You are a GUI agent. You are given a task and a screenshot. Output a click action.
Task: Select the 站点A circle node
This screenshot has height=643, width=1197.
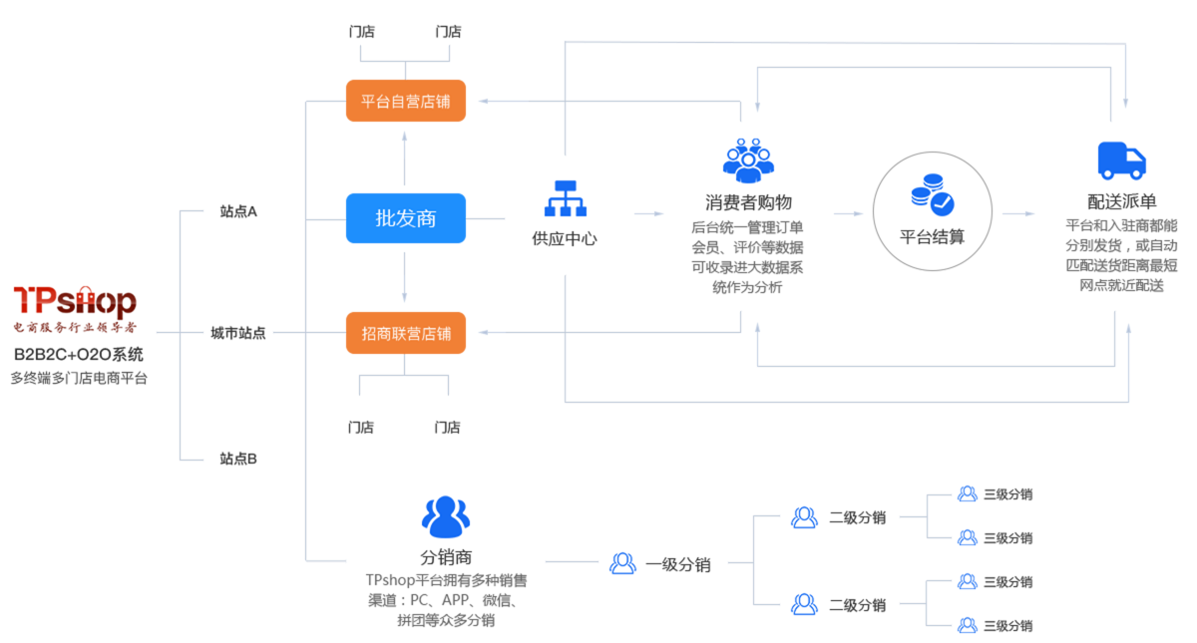pos(238,211)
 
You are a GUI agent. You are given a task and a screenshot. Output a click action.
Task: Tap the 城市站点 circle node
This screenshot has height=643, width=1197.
pos(238,333)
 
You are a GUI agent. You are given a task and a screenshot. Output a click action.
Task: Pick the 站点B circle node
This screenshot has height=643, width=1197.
pos(238,459)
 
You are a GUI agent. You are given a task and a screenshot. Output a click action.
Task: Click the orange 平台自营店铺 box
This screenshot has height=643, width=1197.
pos(405,101)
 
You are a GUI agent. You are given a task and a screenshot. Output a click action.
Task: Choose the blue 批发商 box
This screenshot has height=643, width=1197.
pos(405,218)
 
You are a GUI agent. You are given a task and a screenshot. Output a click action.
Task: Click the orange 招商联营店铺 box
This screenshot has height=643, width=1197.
pos(405,332)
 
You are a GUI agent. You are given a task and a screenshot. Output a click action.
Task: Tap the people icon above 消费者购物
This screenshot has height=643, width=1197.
pos(748,159)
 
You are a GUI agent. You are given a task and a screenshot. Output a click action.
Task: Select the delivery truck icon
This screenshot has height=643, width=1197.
pos(1121,160)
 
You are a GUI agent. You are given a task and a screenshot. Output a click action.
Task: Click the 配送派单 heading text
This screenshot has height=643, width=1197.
pos(1121,200)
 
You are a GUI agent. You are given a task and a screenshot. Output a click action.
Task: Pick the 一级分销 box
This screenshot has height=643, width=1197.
pos(663,564)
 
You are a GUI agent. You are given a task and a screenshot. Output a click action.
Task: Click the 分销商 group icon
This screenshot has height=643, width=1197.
pos(445,516)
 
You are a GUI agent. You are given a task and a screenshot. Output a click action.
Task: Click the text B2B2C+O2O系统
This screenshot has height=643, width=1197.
pos(78,354)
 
